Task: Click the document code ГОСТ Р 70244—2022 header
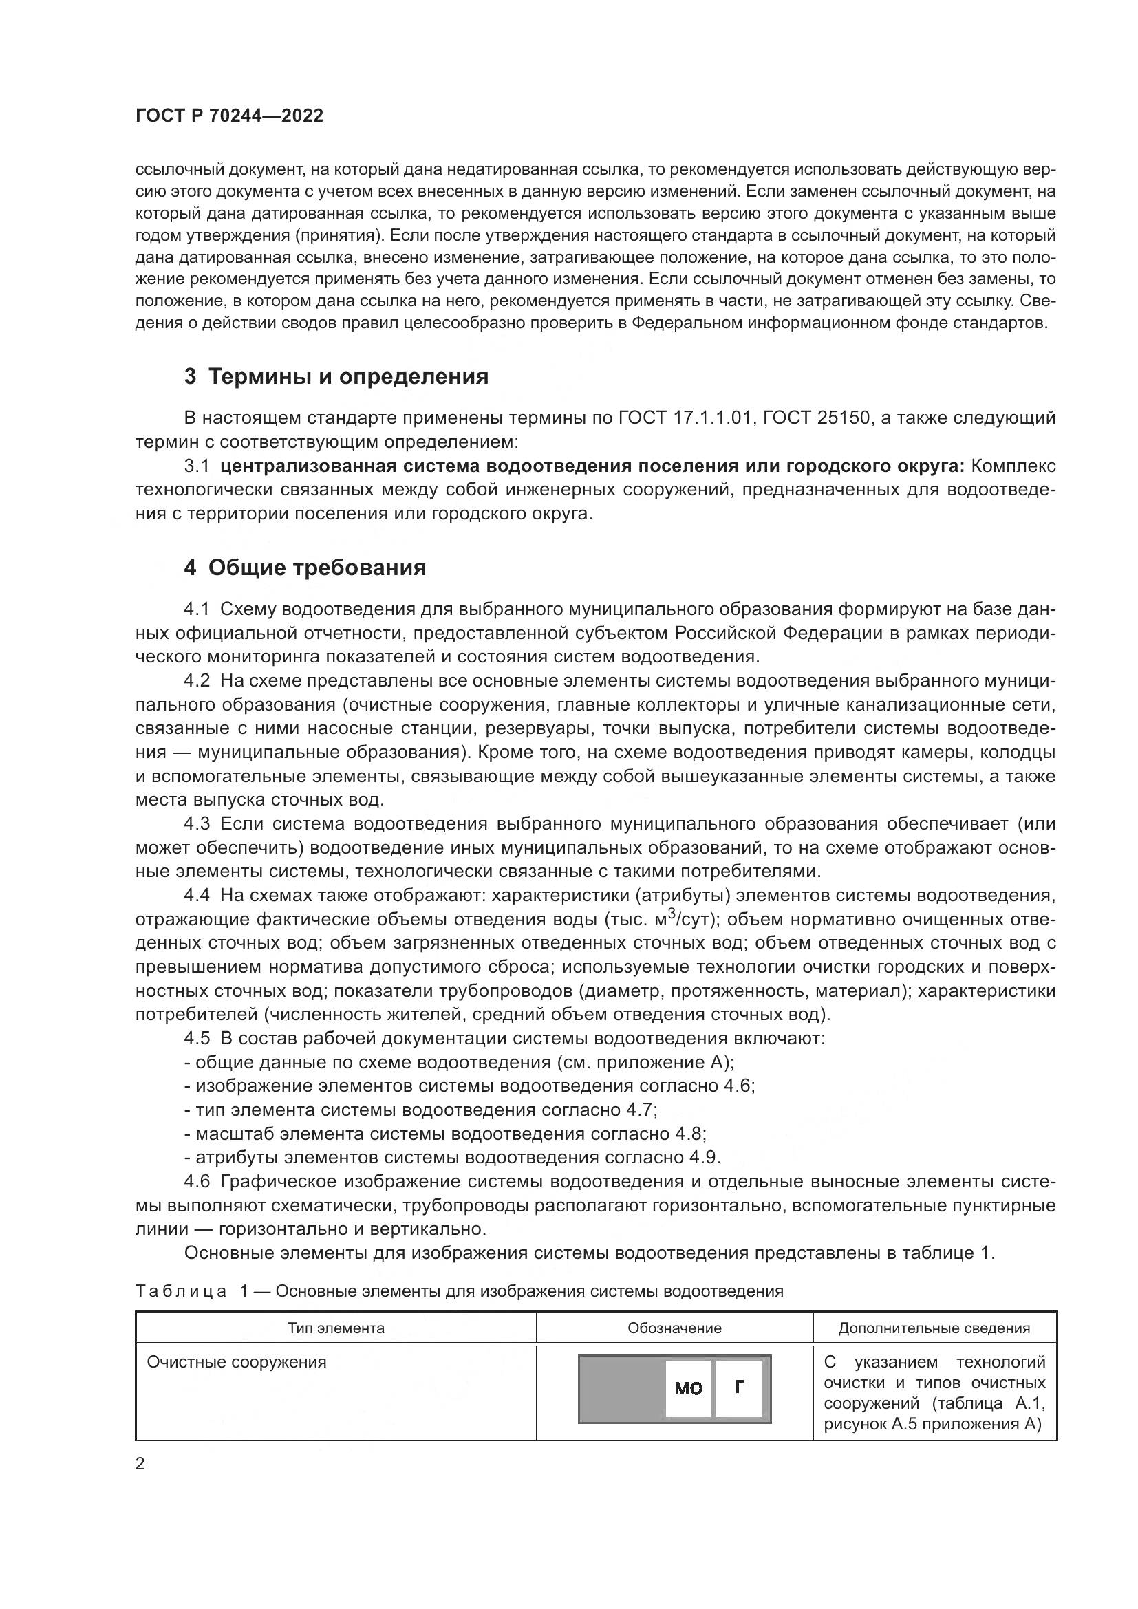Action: coord(229,116)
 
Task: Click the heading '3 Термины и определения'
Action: coord(336,377)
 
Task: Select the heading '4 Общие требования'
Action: coord(305,568)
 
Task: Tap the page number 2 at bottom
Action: coord(140,1464)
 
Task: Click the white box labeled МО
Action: coord(687,1388)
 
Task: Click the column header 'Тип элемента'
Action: coord(336,1328)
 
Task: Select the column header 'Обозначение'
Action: coord(674,1328)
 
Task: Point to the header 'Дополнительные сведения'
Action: coord(934,1328)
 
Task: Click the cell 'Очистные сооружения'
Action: coord(236,1362)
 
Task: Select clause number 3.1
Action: coord(197,466)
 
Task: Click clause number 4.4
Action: coord(197,896)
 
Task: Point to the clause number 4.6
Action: coord(197,1182)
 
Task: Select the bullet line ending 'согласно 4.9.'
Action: coord(452,1157)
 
